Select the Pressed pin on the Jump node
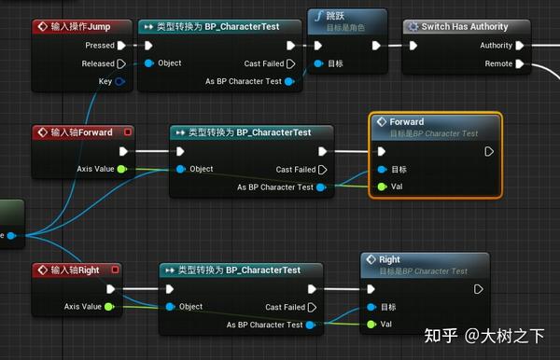click(x=121, y=45)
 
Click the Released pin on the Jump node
click(x=121, y=63)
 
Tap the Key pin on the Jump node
click(x=120, y=82)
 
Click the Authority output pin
click(x=519, y=45)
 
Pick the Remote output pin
click(x=519, y=63)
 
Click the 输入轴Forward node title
click(x=82, y=132)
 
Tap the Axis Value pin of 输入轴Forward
click(x=121, y=169)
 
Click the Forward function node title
click(x=406, y=122)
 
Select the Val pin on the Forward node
click(x=382, y=187)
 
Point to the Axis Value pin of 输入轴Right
click(x=110, y=306)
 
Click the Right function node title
click(x=389, y=259)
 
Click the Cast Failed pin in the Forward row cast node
click(x=323, y=170)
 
